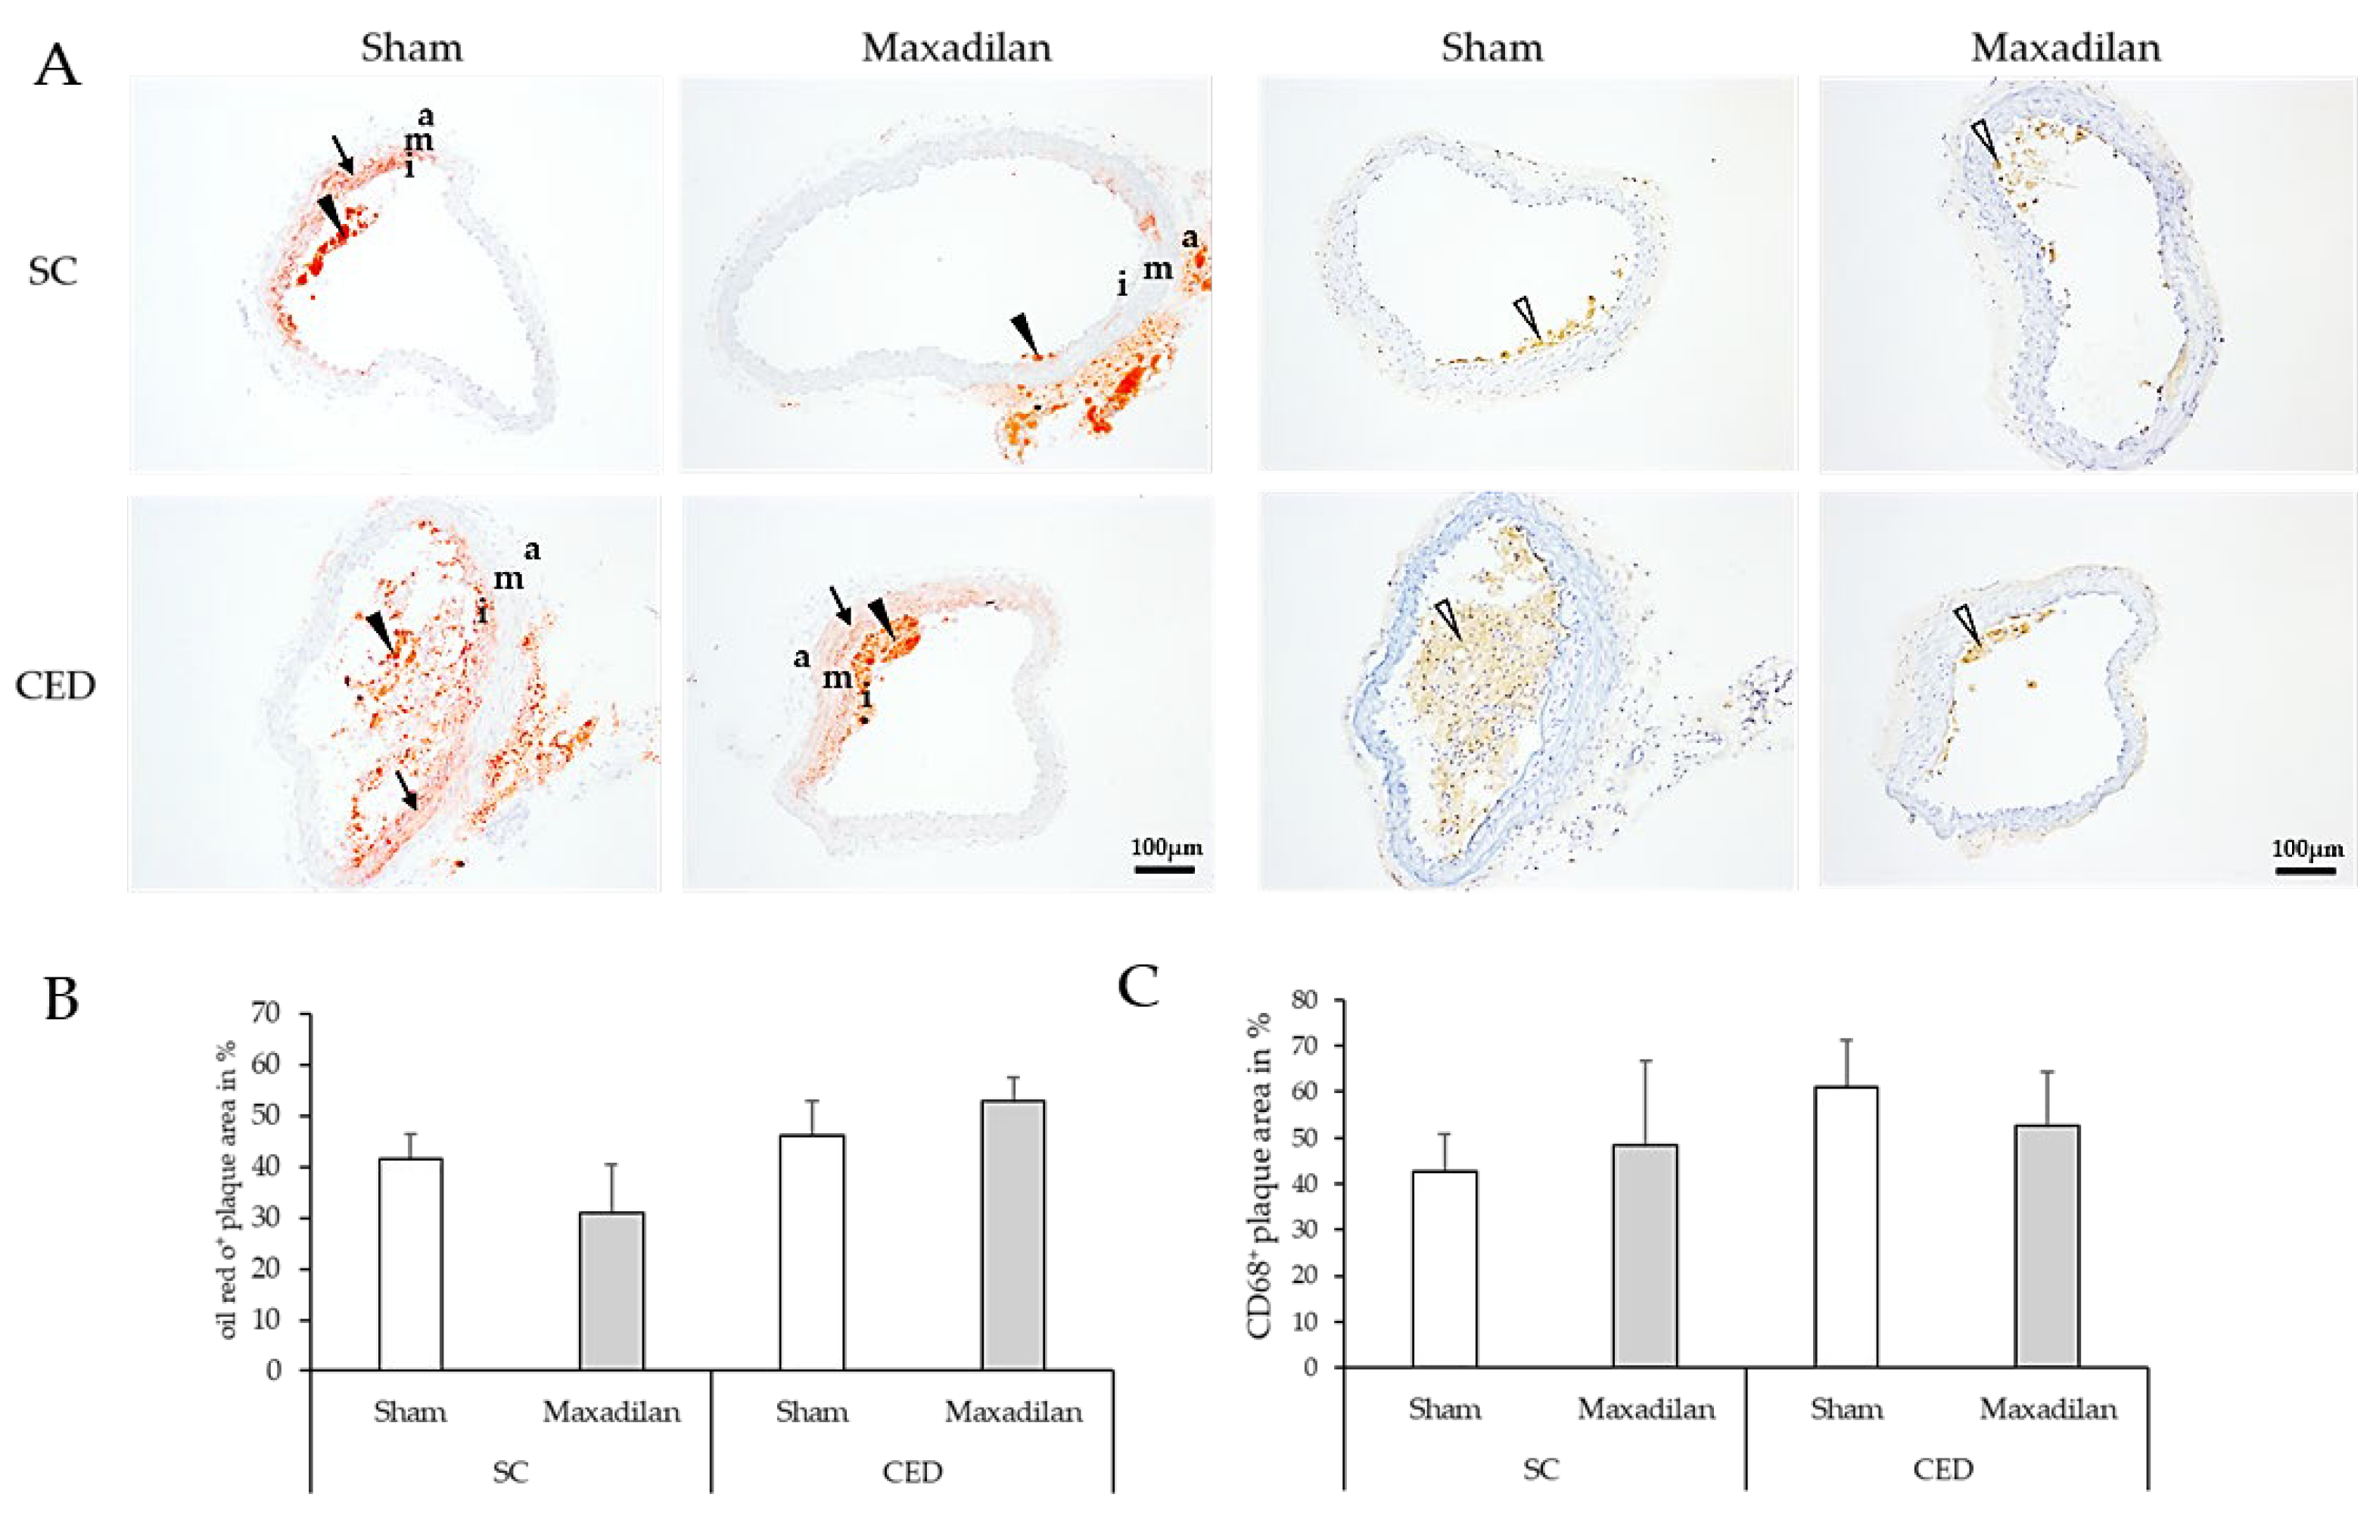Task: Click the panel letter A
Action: pos(56,66)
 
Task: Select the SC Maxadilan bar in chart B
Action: pos(611,1291)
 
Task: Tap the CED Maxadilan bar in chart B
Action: pos(1013,1235)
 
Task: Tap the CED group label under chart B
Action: pos(913,1473)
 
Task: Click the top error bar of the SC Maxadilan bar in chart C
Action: pos(1645,1061)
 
